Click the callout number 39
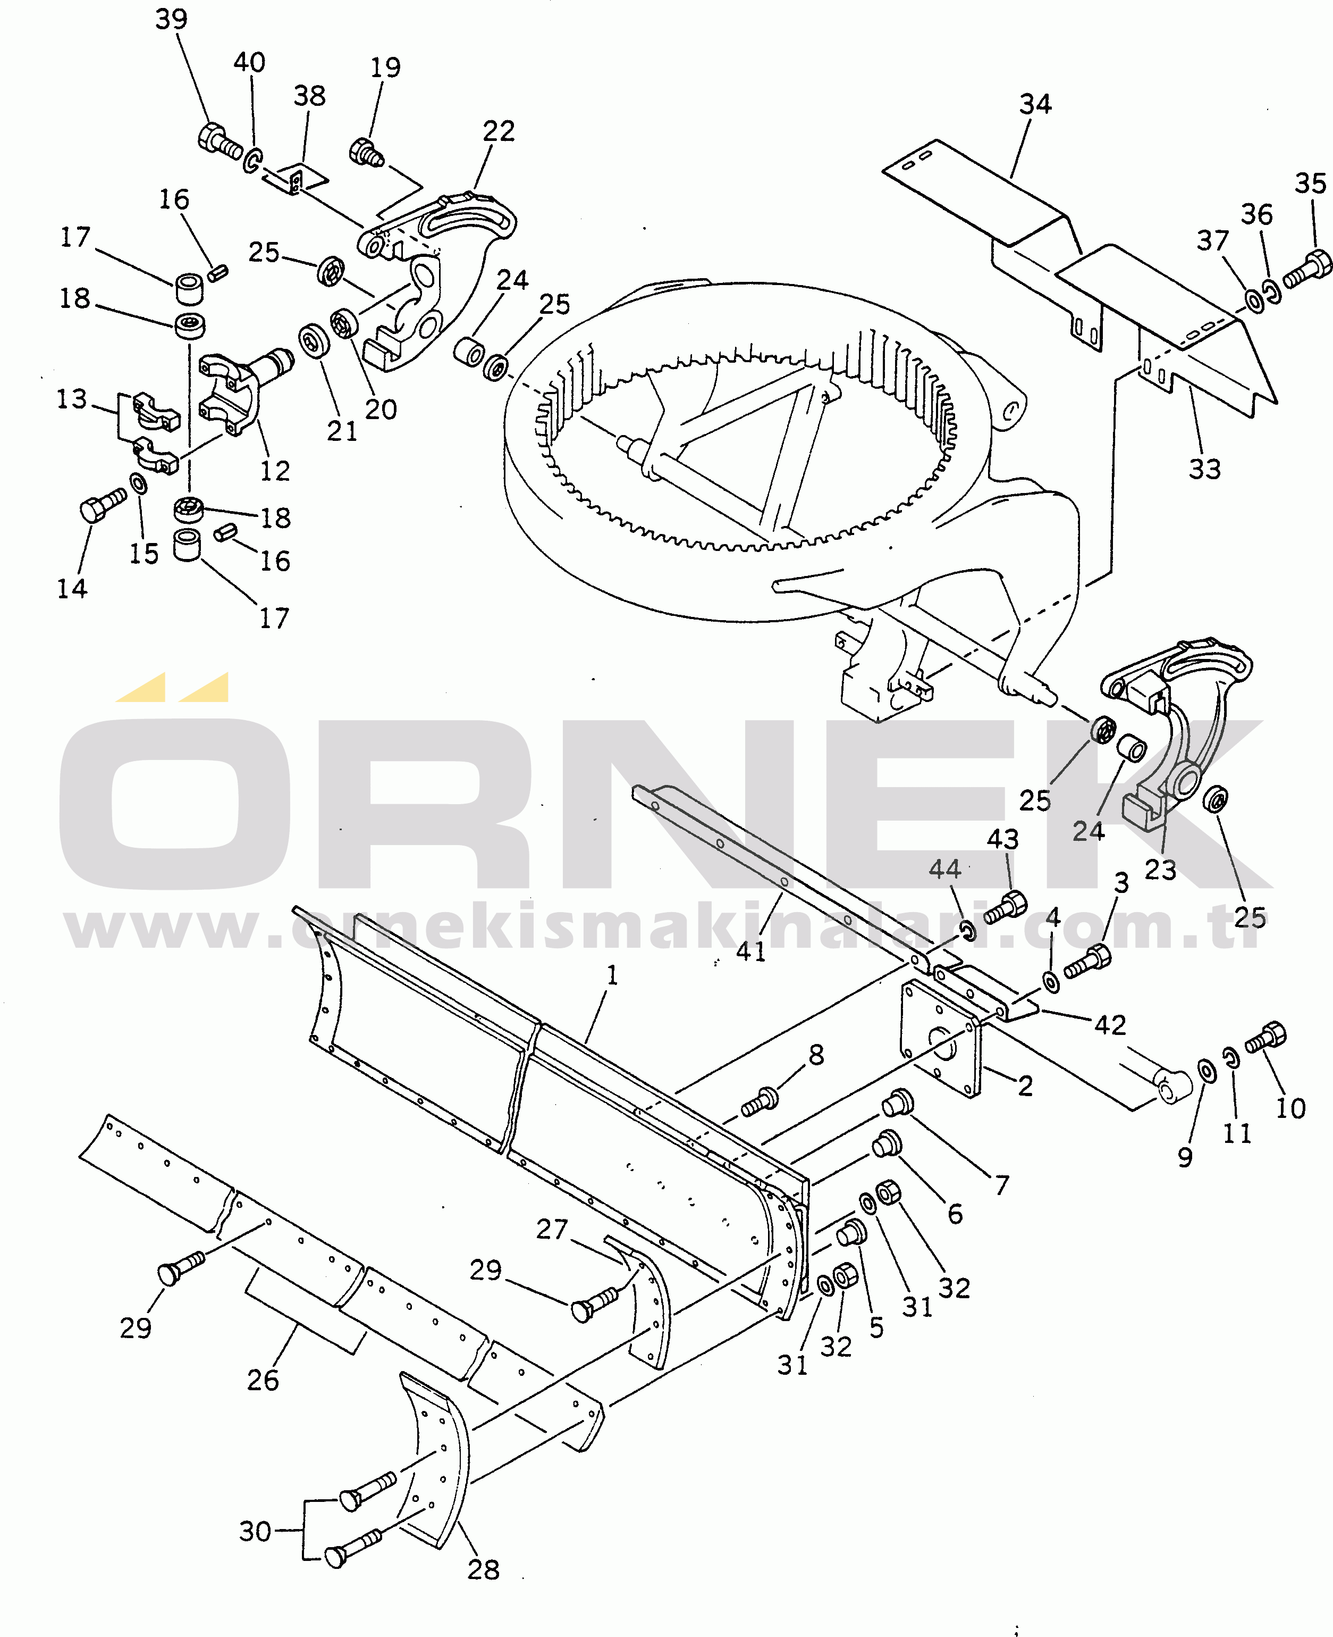tap(171, 19)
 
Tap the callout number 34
tap(1035, 104)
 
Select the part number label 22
tap(499, 131)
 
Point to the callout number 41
tap(751, 952)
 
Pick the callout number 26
tap(263, 1381)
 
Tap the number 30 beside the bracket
tap(255, 1531)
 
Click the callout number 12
tap(275, 470)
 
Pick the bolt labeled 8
tap(760, 1101)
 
